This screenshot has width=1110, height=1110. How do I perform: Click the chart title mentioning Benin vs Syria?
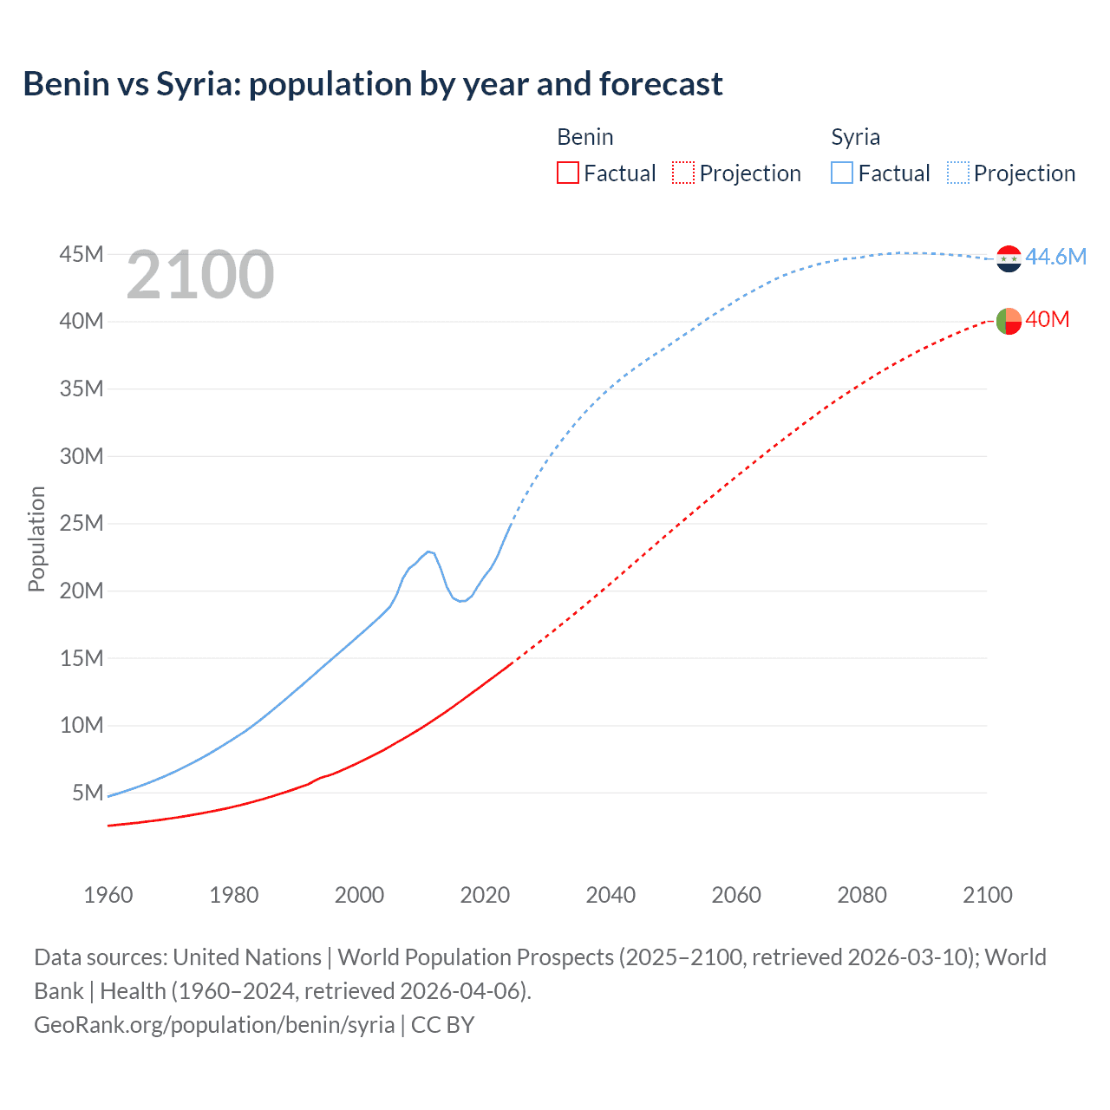tap(373, 84)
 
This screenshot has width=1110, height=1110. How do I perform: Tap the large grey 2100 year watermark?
tap(200, 275)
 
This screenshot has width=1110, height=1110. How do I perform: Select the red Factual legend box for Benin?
tap(567, 173)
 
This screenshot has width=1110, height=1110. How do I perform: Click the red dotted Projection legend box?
tap(683, 173)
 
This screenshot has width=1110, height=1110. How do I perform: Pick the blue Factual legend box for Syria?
tap(842, 173)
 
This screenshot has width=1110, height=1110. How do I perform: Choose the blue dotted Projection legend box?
tap(958, 173)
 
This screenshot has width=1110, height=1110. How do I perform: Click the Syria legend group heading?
tap(855, 137)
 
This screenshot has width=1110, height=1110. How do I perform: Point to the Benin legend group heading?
tap(584, 137)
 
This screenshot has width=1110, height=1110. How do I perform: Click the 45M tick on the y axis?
tap(82, 254)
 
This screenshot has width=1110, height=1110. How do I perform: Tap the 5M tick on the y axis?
tap(88, 793)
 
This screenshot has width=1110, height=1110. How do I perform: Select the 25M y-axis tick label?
tap(82, 523)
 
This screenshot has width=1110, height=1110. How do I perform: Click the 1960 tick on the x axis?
tap(108, 895)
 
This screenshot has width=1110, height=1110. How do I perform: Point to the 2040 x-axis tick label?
tap(610, 895)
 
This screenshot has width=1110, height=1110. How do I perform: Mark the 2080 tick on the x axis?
tap(862, 895)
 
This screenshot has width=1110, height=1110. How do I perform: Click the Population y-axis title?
tap(36, 539)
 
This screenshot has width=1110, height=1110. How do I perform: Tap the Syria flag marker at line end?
tap(1009, 258)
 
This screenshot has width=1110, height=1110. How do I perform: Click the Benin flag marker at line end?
tap(1009, 321)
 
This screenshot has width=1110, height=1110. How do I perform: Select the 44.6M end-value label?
tap(1055, 257)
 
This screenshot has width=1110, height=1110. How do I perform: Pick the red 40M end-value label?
tap(1047, 319)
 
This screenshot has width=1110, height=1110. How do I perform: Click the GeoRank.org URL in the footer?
tap(214, 1024)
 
